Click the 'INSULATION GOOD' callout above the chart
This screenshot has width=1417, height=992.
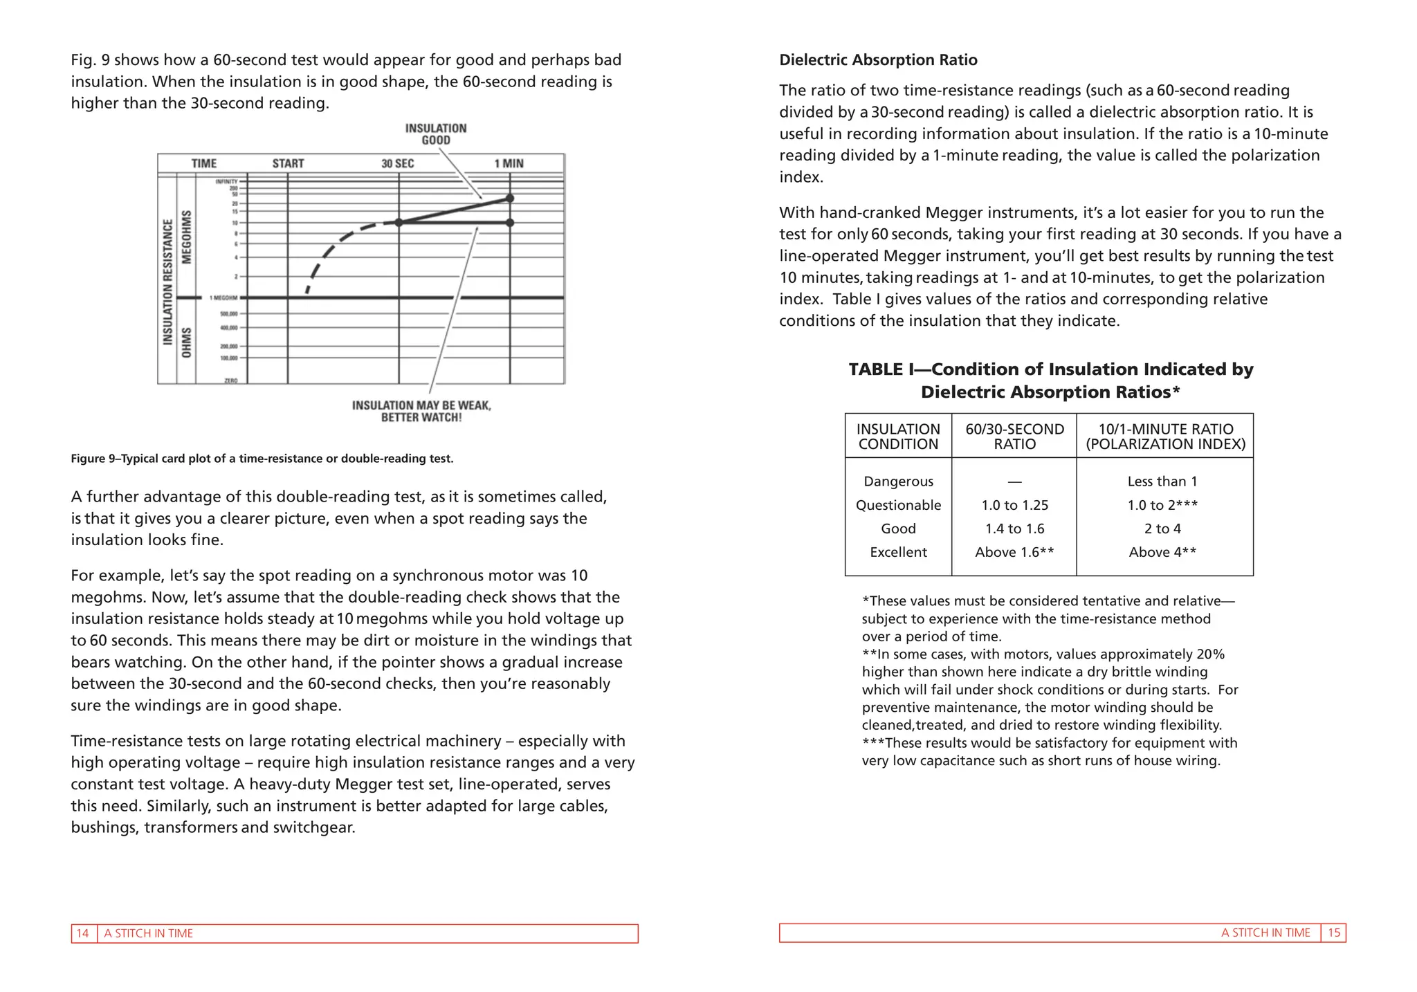pos(436,134)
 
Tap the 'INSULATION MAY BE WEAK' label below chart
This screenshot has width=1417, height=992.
pos(421,411)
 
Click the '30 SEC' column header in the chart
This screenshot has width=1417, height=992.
pos(398,163)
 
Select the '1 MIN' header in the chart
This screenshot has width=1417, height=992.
pos(509,163)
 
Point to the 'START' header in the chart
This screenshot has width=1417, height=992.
pos(288,163)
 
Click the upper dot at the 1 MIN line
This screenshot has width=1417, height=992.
pos(510,199)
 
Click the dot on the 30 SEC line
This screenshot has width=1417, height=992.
pos(399,223)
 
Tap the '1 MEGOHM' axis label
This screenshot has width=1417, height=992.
pos(223,298)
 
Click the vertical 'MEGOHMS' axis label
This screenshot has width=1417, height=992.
pos(186,237)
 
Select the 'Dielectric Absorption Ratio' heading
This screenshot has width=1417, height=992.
pos(878,60)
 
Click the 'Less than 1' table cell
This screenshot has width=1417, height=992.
pos(1162,481)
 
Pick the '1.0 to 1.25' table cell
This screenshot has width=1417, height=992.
pos(1014,505)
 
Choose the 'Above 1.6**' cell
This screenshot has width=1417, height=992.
pos(1014,552)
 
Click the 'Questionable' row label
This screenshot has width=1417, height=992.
pos(898,505)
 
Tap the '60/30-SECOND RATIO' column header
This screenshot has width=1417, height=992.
pos(1014,437)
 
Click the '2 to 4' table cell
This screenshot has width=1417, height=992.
pos(1162,529)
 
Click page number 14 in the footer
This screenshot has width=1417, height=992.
pos(82,933)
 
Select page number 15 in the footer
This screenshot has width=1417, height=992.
pos(1333,933)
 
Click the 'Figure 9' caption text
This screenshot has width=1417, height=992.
pos(262,459)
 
